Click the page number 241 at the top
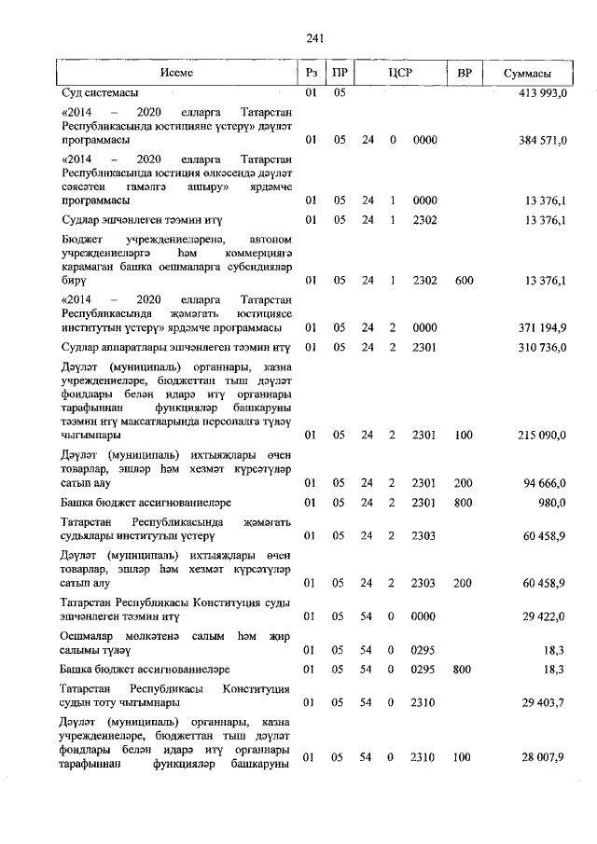click(312, 38)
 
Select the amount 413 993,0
click(541, 94)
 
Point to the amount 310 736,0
click(541, 348)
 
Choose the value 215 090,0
click(541, 435)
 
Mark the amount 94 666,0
click(544, 482)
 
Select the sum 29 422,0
click(544, 617)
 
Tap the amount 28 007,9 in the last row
click(544, 758)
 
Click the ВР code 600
click(464, 279)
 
